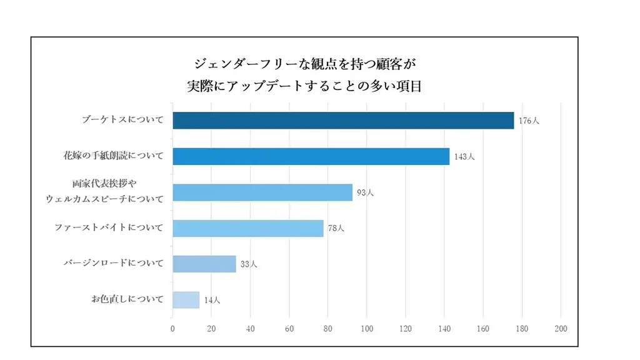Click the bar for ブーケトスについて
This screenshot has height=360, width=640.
click(342, 120)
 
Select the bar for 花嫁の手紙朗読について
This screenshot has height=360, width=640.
click(311, 156)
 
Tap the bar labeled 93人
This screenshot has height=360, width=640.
click(262, 192)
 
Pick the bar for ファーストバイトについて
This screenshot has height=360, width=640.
click(247, 228)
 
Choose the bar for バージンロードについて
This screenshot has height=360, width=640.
click(204, 264)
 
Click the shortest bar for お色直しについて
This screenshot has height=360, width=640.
click(186, 300)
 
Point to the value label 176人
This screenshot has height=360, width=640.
click(528, 121)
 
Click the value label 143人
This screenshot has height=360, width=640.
click(464, 157)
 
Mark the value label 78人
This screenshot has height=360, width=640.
click(336, 228)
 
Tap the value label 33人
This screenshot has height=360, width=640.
click(249, 264)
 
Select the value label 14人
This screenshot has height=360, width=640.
click(212, 301)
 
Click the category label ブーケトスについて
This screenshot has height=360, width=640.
click(122, 120)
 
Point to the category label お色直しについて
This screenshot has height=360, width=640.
click(127, 299)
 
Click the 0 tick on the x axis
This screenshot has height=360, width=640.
click(172, 328)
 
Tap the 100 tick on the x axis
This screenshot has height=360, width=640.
click(366, 328)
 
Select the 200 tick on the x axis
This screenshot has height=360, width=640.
click(561, 328)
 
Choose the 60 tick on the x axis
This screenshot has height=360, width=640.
click(289, 328)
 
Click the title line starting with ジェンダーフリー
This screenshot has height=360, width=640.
click(304, 63)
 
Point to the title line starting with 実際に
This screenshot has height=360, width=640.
click(304, 86)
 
